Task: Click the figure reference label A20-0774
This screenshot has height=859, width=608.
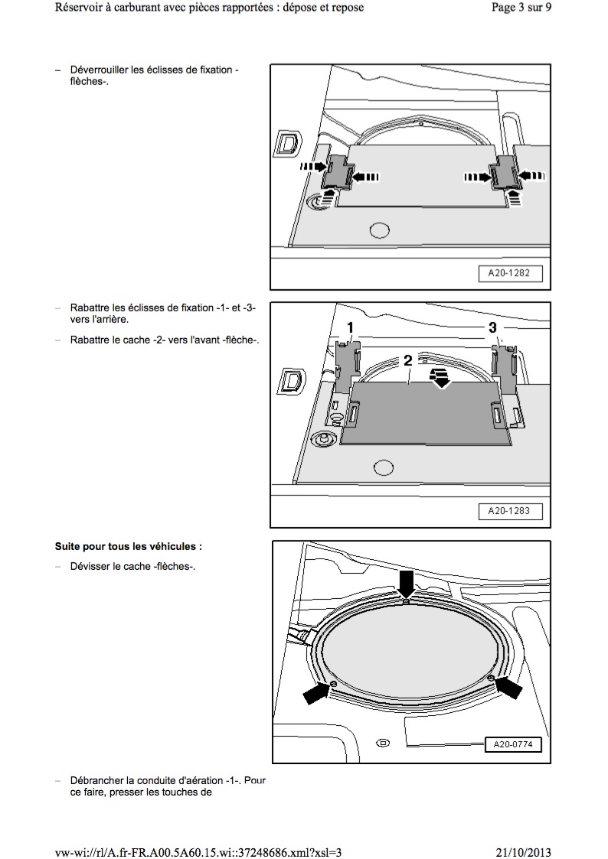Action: pos(512,743)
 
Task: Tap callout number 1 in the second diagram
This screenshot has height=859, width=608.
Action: pos(350,328)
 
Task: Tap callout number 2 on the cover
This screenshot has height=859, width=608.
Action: pos(408,360)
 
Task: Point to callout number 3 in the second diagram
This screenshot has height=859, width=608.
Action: pos(492,327)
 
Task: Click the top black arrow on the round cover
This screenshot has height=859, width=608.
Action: pos(406,581)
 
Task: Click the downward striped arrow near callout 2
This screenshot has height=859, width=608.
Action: pos(440,376)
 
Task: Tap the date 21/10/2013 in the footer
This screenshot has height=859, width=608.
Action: pos(518,852)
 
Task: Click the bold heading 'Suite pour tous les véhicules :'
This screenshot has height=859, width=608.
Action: pos(129,548)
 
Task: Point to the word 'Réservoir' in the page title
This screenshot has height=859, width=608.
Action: pos(80,8)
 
